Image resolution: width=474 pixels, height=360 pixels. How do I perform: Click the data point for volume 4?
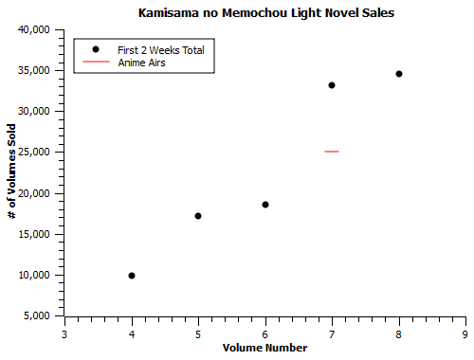(x=132, y=276)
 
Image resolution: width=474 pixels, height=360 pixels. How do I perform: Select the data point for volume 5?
(x=198, y=216)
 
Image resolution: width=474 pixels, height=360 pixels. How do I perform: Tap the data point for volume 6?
(x=265, y=205)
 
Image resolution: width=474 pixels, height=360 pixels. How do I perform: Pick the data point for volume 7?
(x=332, y=85)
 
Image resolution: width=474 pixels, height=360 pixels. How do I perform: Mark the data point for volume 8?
(x=399, y=74)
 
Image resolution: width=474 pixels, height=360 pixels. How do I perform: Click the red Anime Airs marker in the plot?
(x=332, y=152)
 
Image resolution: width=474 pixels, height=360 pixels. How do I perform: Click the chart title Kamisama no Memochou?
(x=265, y=13)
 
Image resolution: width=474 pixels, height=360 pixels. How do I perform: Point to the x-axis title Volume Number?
(x=264, y=348)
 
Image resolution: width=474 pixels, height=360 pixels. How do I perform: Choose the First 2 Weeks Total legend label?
(x=160, y=49)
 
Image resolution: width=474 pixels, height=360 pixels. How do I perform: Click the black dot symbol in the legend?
(x=96, y=49)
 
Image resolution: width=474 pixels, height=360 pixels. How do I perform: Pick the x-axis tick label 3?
(x=64, y=333)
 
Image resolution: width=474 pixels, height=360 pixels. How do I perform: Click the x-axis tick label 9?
(x=465, y=333)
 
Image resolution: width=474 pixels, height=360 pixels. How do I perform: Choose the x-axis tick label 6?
(x=265, y=333)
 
